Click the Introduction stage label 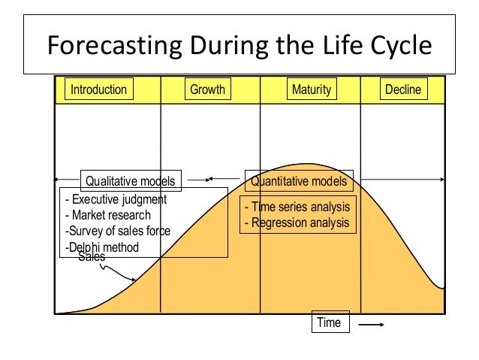[98, 90]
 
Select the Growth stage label [207, 90]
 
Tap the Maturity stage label [311, 90]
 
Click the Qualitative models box [131, 181]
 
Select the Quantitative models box [299, 181]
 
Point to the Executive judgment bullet [116, 200]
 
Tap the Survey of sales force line [117, 231]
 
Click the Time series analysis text [297, 207]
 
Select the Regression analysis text [297, 222]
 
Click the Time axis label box [329, 323]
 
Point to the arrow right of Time [372, 325]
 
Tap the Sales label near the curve [92, 256]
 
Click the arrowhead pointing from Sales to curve [134, 280]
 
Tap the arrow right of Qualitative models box [197, 180]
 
